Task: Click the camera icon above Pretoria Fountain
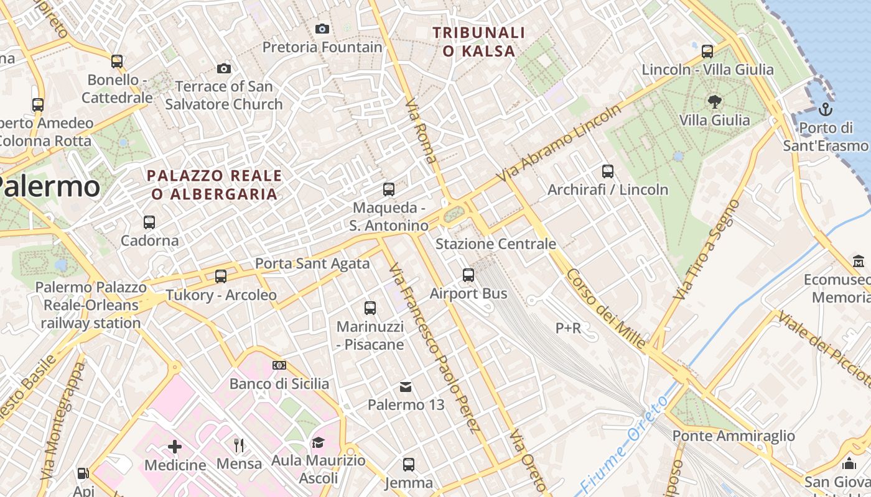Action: [x=322, y=29]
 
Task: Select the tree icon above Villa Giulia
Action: [x=714, y=101]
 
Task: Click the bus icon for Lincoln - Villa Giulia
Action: [x=707, y=51]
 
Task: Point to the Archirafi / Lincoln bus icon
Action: [x=608, y=171]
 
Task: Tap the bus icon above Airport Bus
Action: [x=468, y=275]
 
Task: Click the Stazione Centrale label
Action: [x=495, y=244]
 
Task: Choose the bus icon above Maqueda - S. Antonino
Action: [x=389, y=189]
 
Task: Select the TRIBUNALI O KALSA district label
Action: [x=478, y=42]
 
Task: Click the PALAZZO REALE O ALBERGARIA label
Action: [x=214, y=185]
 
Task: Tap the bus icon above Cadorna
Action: [x=149, y=222]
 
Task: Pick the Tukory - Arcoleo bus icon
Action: [x=221, y=276]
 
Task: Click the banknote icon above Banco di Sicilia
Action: [x=279, y=365]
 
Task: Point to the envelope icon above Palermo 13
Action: [x=406, y=387]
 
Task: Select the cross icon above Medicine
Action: [x=175, y=446]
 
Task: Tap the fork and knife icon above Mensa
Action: [x=239, y=445]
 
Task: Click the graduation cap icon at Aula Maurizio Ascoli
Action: [x=318, y=442]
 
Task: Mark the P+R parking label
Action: [x=568, y=327]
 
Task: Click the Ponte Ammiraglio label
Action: [x=734, y=436]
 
